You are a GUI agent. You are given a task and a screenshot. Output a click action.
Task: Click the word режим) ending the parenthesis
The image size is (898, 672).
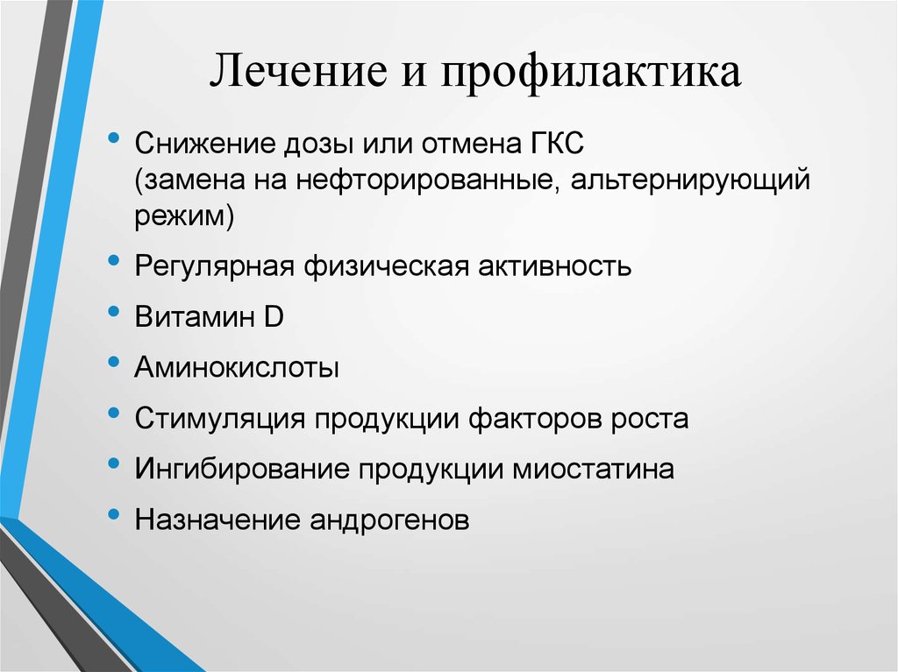(x=184, y=216)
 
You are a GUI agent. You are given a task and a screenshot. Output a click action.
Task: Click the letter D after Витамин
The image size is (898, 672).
(x=274, y=316)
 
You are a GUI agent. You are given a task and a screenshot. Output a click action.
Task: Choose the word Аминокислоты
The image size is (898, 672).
(x=237, y=367)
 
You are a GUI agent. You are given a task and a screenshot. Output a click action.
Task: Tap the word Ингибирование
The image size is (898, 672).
(x=239, y=469)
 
